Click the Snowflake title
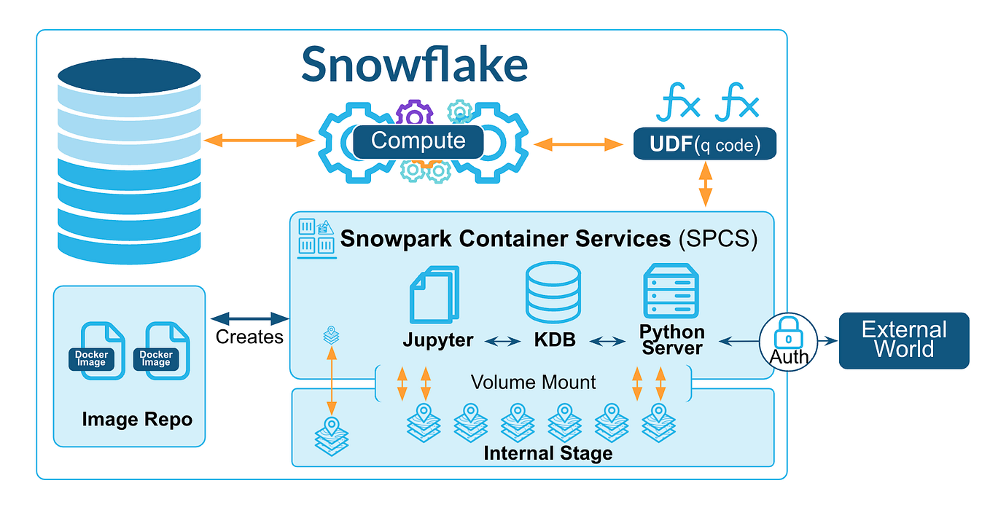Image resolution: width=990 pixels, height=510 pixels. (414, 64)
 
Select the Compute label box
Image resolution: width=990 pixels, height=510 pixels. (418, 141)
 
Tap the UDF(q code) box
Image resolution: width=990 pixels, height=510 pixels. (703, 145)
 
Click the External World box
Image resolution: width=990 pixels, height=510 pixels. (904, 340)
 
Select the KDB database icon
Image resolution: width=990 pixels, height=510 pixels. (553, 292)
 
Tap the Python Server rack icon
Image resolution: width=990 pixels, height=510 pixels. (670, 292)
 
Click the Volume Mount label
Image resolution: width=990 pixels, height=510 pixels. (533, 382)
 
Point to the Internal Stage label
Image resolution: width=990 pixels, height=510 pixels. (547, 453)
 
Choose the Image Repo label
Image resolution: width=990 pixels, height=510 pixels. (137, 419)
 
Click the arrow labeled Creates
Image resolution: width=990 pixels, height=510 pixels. (249, 318)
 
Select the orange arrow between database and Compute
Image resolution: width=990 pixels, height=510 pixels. (259, 141)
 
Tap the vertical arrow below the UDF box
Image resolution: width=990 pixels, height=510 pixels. (705, 186)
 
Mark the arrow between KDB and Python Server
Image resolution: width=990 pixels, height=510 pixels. (604, 340)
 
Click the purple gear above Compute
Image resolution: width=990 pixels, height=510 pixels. (414, 114)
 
